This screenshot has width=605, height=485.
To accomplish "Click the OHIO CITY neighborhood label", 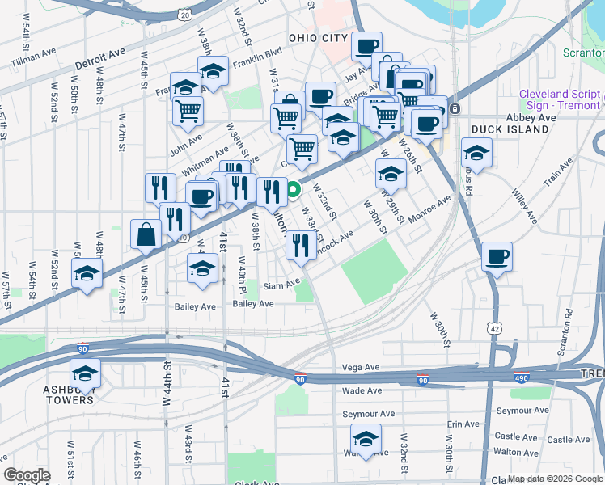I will [x=319, y=38].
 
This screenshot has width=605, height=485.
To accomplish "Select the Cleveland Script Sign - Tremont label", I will [x=560, y=99].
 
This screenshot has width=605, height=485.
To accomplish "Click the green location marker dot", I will [x=294, y=192].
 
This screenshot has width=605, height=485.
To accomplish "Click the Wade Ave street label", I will [x=362, y=390].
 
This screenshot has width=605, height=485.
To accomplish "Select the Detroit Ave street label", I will [x=100, y=59].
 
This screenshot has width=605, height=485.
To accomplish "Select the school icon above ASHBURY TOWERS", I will [x=84, y=373].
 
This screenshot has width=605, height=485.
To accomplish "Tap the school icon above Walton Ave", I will [x=366, y=440].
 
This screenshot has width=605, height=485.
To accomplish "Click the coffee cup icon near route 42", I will [x=497, y=257].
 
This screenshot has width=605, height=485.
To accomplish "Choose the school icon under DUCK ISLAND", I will [x=477, y=151].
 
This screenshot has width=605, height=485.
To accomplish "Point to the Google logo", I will [x=27, y=475].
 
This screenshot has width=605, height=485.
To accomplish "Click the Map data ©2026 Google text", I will [x=554, y=479].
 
